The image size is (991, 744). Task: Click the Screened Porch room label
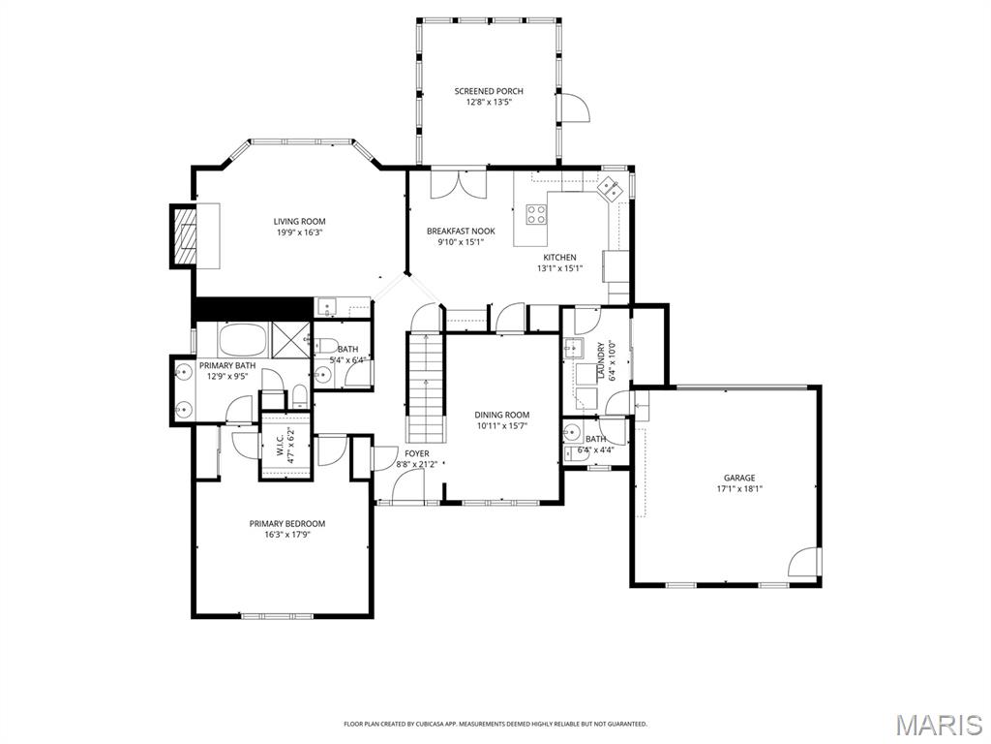(x=489, y=91)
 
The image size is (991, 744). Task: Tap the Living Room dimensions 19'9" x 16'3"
(x=298, y=232)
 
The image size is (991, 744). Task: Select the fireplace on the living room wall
(x=183, y=235)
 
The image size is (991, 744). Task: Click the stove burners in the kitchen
(x=536, y=214)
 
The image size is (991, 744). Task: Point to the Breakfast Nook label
(x=461, y=232)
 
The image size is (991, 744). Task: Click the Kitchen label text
(x=559, y=257)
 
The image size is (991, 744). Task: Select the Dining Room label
(x=502, y=415)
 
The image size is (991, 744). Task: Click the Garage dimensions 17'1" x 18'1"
(x=739, y=489)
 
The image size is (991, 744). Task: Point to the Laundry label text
(x=601, y=361)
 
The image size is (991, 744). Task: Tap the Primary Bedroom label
(x=286, y=523)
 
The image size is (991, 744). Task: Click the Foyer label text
(x=417, y=453)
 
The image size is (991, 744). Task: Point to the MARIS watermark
(x=939, y=725)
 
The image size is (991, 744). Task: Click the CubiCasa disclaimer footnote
(x=495, y=724)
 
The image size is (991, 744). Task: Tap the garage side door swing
(x=807, y=563)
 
